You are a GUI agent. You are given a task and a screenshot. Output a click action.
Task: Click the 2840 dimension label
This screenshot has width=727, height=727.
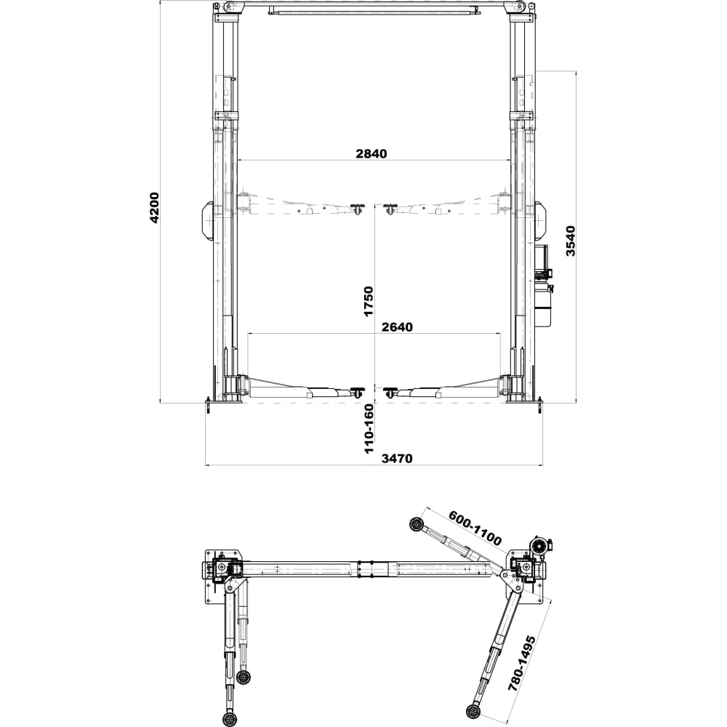(371, 153)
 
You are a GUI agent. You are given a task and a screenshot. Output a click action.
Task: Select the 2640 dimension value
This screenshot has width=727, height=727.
(397, 327)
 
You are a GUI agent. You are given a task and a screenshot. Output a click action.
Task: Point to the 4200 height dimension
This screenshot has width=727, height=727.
(154, 207)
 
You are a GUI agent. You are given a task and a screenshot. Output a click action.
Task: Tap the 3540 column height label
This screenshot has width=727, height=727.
(570, 241)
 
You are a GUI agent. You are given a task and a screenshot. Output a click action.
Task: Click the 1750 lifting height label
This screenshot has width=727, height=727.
(368, 302)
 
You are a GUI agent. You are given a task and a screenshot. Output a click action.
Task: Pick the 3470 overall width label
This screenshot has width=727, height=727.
(397, 459)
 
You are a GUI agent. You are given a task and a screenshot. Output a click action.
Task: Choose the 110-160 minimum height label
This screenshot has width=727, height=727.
(369, 428)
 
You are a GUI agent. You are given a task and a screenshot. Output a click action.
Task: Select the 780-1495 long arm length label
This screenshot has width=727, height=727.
(523, 664)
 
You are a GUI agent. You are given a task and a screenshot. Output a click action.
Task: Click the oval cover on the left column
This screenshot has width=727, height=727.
(206, 221)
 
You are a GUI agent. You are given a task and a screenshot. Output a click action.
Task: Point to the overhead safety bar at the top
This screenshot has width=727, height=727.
(374, 10)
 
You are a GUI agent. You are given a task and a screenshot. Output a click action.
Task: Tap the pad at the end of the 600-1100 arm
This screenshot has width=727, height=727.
(416, 524)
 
